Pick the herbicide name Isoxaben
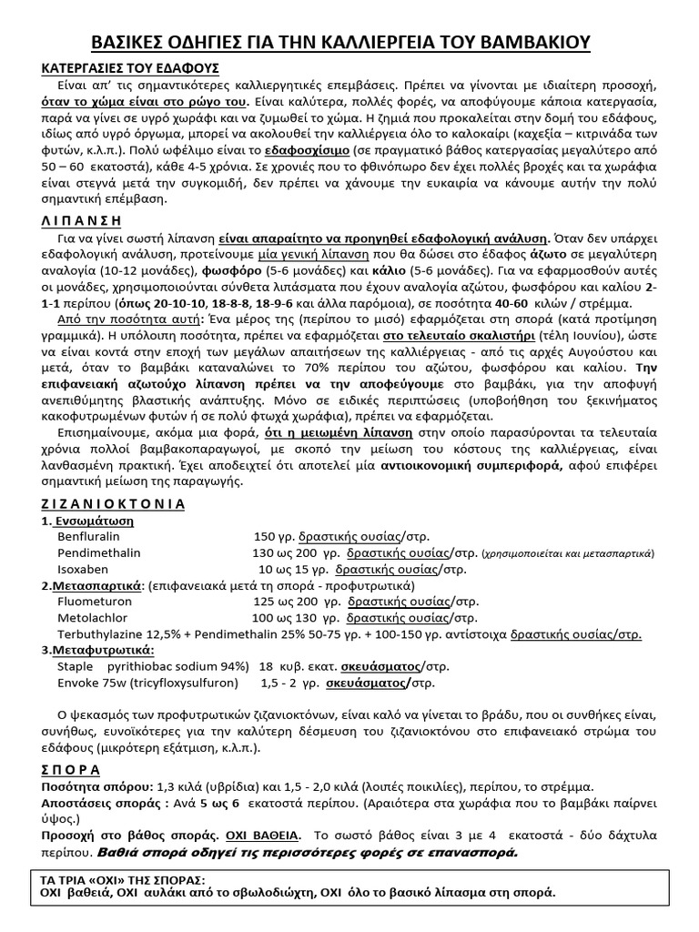(83, 568)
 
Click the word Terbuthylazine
(101, 633)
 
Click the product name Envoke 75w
(90, 682)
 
